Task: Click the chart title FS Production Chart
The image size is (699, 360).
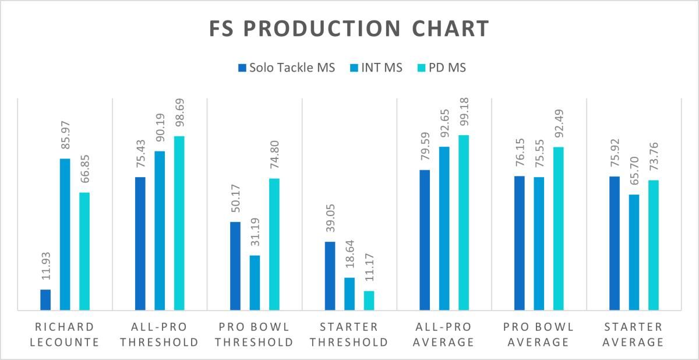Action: pyautogui.click(x=349, y=29)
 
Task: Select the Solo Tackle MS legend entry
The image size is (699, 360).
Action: pyautogui.click(x=287, y=68)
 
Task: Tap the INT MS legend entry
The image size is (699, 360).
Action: pyautogui.click(x=376, y=68)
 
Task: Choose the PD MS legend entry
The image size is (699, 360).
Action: pyautogui.click(x=442, y=68)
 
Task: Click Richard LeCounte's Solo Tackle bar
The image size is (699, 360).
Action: pyautogui.click(x=45, y=300)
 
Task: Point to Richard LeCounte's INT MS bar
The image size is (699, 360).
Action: pyautogui.click(x=65, y=235)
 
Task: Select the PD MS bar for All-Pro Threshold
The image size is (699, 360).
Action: pyautogui.click(x=179, y=223)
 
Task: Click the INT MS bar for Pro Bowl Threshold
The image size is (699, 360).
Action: pyautogui.click(x=255, y=283)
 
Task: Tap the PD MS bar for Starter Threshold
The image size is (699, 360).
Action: pyautogui.click(x=369, y=301)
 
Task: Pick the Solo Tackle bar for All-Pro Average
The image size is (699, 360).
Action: pyautogui.click(x=425, y=240)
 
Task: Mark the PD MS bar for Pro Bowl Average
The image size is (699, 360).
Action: pyautogui.click(x=559, y=229)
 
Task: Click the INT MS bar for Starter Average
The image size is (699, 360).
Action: pyautogui.click(x=634, y=252)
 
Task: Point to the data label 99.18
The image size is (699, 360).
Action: pyautogui.click(x=464, y=112)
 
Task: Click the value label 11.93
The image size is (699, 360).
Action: pyautogui.click(x=46, y=266)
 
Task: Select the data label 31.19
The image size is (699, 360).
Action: pyautogui.click(x=255, y=232)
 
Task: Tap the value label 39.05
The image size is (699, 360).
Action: pyautogui.click(x=330, y=218)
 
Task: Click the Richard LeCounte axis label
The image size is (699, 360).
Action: pyautogui.click(x=65, y=335)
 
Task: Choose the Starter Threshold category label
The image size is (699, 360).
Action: pyautogui.click(x=349, y=335)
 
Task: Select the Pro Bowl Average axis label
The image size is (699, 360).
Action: pyautogui.click(x=539, y=335)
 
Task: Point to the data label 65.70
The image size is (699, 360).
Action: pyautogui.click(x=634, y=171)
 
